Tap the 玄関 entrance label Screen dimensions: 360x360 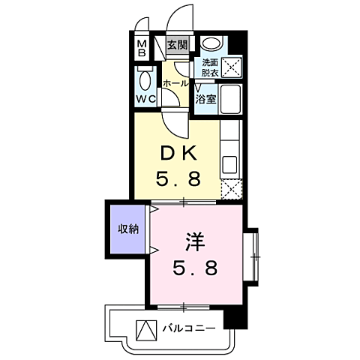click(177, 45)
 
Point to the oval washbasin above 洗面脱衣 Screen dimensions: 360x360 click(211, 44)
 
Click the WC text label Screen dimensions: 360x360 click(146, 97)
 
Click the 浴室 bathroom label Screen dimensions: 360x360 click(205, 97)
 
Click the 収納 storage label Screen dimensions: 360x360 click(126, 228)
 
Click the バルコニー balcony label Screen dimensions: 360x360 click(189, 328)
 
